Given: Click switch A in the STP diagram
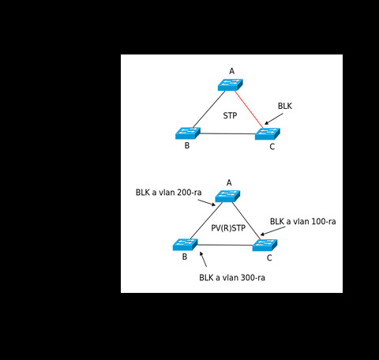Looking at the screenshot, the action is click(x=231, y=84).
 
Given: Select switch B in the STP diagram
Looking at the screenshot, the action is click(x=188, y=133).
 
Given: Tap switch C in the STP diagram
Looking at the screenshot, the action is click(x=268, y=133).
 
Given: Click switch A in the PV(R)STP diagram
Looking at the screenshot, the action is click(x=227, y=197).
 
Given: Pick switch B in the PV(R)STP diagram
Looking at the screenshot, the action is click(x=186, y=245).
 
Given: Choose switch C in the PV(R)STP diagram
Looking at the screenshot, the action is click(x=265, y=246).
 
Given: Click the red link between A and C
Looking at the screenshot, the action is click(x=249, y=110).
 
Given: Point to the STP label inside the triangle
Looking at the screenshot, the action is click(x=230, y=115).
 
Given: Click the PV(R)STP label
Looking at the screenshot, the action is click(x=228, y=228).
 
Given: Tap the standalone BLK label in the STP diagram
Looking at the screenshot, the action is click(x=285, y=106).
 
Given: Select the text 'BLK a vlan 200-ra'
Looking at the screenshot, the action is click(x=169, y=193).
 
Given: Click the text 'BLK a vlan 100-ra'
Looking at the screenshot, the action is click(x=303, y=221).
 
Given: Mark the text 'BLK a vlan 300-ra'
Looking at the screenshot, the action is click(x=232, y=278).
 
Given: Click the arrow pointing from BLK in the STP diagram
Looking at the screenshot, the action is click(x=274, y=118).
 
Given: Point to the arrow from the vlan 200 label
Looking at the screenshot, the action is click(x=207, y=203).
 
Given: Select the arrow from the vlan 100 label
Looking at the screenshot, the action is click(x=272, y=231).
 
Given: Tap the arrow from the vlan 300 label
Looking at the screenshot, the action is click(x=203, y=259).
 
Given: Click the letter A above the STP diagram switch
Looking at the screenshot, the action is click(x=231, y=71).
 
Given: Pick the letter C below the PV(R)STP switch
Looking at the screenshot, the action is click(x=269, y=258).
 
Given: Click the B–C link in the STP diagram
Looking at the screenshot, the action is click(x=227, y=133).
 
